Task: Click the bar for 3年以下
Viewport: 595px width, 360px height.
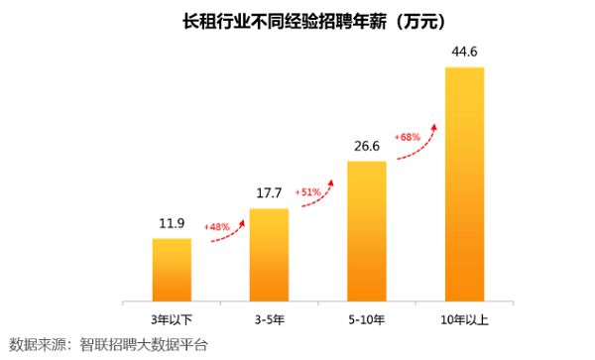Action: (172, 269)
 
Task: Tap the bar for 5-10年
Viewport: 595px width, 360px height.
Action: (367, 230)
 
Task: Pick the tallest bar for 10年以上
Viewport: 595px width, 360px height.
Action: (464, 183)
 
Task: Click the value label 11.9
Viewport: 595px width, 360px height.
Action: (172, 222)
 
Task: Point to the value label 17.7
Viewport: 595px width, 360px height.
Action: (269, 192)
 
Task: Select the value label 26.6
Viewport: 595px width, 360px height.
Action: (367, 146)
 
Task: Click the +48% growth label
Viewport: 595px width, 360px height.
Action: (217, 227)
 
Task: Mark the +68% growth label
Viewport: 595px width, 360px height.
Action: (408, 136)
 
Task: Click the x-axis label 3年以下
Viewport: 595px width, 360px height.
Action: (172, 318)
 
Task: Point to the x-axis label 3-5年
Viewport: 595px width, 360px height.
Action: (269, 318)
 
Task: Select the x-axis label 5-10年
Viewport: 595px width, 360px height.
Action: (367, 318)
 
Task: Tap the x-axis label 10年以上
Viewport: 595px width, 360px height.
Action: (464, 318)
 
